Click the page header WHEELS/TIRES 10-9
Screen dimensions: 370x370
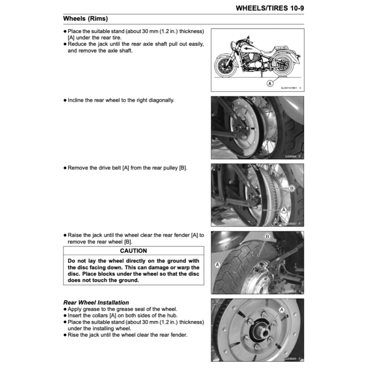pyautogui.click(x=270, y=8)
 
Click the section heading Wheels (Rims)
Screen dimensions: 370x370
pyautogui.click(x=85, y=18)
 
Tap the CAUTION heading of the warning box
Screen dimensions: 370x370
pyautogui.click(x=133, y=251)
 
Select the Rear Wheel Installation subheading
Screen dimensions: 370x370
pyautogui.click(x=96, y=302)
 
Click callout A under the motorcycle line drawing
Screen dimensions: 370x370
pyautogui.click(x=270, y=84)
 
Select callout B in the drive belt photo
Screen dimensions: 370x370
pyautogui.click(x=292, y=188)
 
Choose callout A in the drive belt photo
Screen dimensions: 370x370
pyautogui.click(x=284, y=210)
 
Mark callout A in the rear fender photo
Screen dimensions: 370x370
pyautogui.click(x=217, y=264)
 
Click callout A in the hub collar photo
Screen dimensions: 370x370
pyautogui.click(x=282, y=310)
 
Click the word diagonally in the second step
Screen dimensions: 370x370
pyautogui.click(x=160, y=100)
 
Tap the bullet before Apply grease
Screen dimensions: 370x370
pyautogui.click(x=65, y=309)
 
